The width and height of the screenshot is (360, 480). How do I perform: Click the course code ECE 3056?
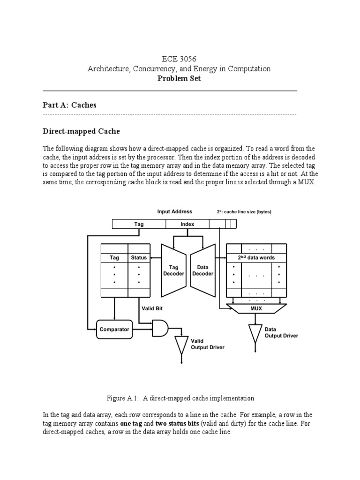[180, 59]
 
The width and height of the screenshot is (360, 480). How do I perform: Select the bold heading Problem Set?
[180, 79]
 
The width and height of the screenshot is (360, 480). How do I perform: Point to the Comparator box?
[114, 329]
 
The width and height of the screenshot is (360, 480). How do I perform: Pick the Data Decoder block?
[202, 270]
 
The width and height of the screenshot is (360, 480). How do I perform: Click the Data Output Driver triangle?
[255, 333]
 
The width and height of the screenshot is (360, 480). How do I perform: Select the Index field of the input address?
[187, 224]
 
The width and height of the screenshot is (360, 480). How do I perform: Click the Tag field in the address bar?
[139, 224]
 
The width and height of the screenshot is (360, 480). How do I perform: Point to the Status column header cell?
[139, 257]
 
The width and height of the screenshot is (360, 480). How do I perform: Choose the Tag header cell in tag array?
[114, 257]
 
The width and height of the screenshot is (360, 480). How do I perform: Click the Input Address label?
[174, 212]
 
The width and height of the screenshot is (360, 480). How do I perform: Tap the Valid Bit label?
[151, 308]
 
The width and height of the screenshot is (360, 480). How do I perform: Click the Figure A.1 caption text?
[180, 398]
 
